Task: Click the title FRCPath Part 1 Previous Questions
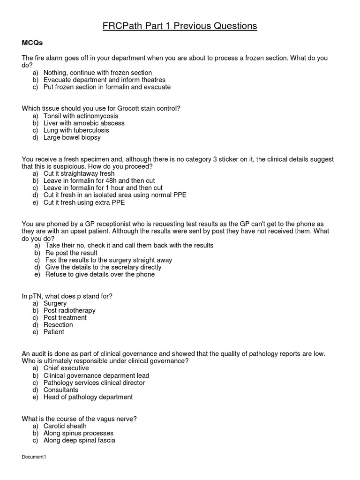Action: (180, 26)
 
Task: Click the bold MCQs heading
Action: (32, 43)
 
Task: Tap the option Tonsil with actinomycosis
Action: (81, 116)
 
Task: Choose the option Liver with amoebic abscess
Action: (84, 123)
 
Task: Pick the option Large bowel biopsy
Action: (72, 137)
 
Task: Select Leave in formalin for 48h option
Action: (99, 180)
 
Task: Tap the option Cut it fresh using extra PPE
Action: (84, 202)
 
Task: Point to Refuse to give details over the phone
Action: (99, 274)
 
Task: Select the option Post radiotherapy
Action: (69, 310)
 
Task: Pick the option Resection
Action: (58, 325)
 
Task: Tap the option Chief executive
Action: (66, 368)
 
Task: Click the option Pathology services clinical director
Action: (94, 382)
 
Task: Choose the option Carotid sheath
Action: (65, 426)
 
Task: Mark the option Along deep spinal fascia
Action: (79, 440)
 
